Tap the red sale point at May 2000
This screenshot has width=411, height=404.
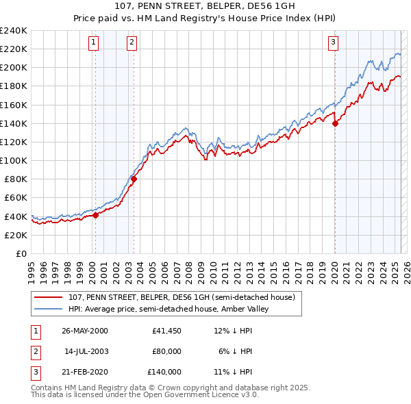[96, 215]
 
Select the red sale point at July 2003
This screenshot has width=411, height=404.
[134, 179]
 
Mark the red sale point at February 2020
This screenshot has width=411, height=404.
[335, 124]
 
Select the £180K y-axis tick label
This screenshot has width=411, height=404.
[13, 86]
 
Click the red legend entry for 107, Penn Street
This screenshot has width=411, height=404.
[182, 297]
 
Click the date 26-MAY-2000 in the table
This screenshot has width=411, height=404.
[84, 331]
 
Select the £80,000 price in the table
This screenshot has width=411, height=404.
[166, 351]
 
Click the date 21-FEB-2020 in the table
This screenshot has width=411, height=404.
[84, 372]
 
